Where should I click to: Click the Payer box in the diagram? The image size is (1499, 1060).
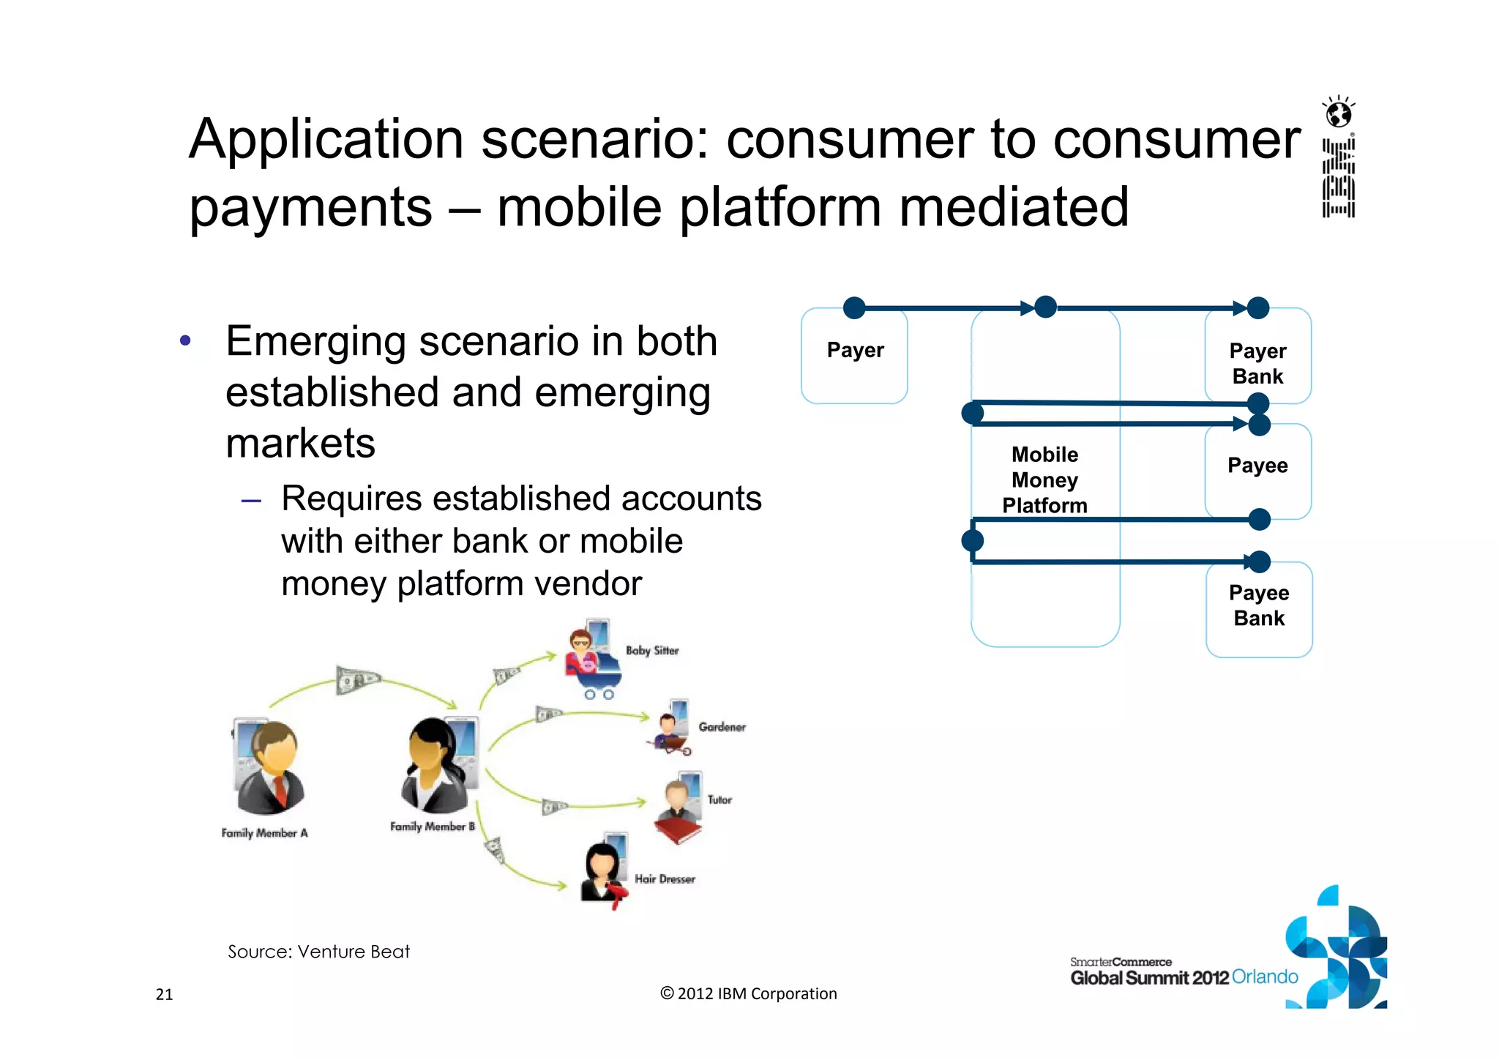854,357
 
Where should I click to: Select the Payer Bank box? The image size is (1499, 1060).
1257,362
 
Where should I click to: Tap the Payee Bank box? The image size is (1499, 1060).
1259,608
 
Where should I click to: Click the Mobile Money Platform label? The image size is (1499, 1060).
1044,479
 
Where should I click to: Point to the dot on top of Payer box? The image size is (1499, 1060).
854,307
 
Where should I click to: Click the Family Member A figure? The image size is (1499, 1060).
268,769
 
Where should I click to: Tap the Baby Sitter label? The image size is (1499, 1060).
651,650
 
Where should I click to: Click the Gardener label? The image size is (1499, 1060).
721,727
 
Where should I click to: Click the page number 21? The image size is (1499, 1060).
164,994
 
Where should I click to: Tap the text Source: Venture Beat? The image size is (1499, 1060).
318,952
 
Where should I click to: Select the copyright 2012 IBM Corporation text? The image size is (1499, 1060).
748,993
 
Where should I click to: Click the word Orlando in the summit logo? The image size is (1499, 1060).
1264,977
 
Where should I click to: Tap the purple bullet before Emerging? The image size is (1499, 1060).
185,340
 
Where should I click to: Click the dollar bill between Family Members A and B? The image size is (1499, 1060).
356,680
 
